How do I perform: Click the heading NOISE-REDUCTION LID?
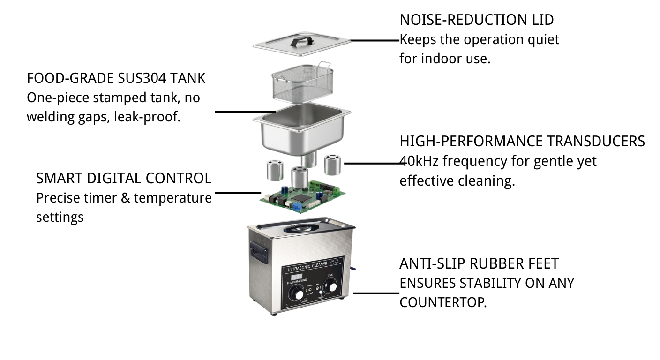[476, 20]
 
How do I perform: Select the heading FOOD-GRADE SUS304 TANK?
[116, 78]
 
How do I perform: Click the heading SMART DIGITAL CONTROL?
[124, 178]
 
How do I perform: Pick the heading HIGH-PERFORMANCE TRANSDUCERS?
[522, 141]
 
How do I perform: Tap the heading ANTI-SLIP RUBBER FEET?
[479, 263]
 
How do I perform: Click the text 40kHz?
[419, 161]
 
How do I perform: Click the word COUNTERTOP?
[442, 302]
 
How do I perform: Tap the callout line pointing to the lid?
[375, 40]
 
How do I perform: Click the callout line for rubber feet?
[376, 293]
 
